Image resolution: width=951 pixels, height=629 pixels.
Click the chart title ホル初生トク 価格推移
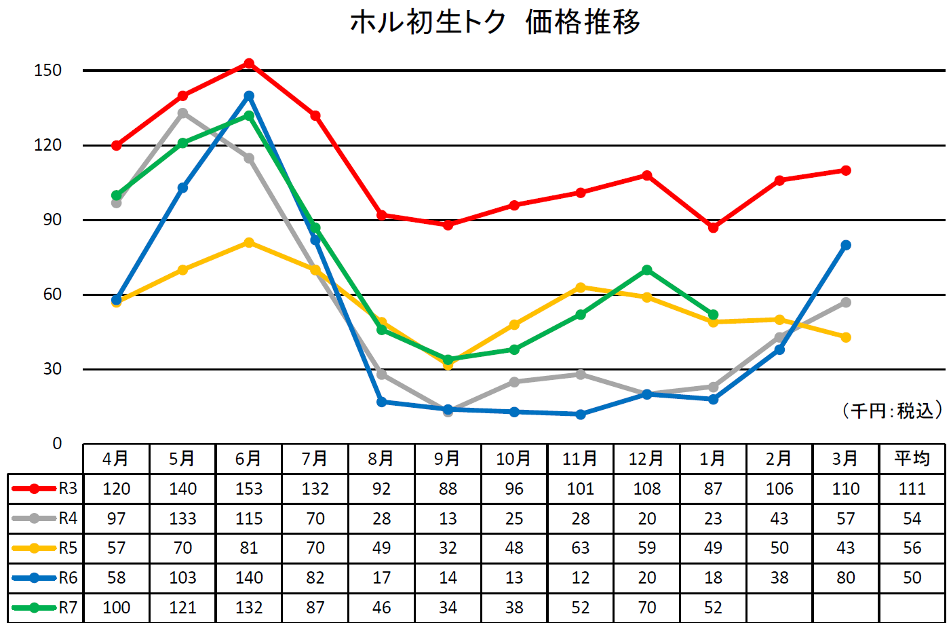tap(495, 22)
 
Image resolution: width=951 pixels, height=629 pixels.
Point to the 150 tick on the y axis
tap(47, 71)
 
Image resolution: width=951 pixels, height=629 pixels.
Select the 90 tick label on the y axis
tap(52, 220)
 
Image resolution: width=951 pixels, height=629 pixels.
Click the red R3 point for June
tap(249, 63)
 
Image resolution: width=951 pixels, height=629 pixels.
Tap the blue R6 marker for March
tap(846, 245)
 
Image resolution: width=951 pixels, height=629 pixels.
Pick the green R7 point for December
tap(647, 270)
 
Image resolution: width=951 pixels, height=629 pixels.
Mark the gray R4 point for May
tap(183, 113)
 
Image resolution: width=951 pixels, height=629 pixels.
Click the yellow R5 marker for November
tap(581, 288)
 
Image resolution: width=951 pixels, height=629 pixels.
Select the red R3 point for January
tap(713, 227)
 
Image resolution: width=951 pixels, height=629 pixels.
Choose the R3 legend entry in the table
tap(45, 489)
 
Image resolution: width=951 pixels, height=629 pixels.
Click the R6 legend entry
tap(45, 578)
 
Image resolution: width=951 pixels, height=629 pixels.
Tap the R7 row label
tap(45, 608)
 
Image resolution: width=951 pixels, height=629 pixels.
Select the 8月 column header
tap(381, 459)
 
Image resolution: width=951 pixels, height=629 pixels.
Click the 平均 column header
tap(912, 459)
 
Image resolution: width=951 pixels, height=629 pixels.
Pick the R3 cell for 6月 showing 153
tap(249, 489)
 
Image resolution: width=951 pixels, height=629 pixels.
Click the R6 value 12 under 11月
tap(581, 578)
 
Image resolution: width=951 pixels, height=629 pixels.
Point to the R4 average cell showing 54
tap(912, 519)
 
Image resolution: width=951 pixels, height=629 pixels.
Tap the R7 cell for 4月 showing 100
tap(117, 608)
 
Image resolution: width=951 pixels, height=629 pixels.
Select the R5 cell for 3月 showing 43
tap(846, 548)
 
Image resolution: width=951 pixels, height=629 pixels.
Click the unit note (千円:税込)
tap(893, 411)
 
